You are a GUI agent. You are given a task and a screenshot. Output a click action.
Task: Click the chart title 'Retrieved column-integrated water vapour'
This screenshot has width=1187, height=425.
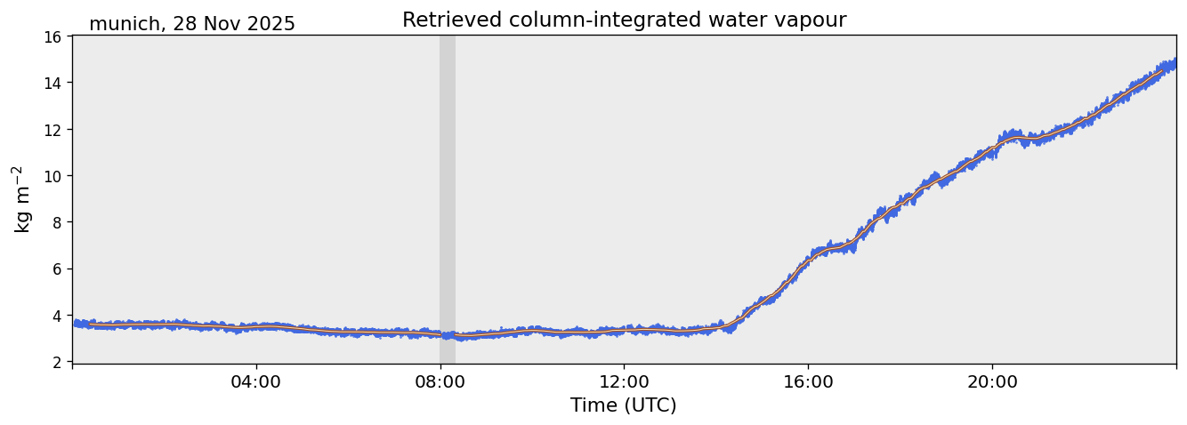pyautogui.click(x=624, y=20)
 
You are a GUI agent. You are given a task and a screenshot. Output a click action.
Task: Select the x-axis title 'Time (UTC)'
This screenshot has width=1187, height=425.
pyautogui.click(x=623, y=405)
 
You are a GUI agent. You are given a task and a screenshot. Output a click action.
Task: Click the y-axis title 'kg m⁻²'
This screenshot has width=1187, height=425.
pyautogui.click(x=22, y=199)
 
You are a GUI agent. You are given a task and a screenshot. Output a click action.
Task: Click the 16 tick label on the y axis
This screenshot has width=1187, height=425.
pyautogui.click(x=53, y=37)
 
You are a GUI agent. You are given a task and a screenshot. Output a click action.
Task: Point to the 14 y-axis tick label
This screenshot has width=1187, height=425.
pyautogui.click(x=53, y=84)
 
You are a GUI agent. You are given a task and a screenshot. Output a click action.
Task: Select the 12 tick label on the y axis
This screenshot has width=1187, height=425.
pyautogui.click(x=53, y=130)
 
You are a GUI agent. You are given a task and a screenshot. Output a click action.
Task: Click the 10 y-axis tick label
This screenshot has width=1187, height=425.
pyautogui.click(x=53, y=176)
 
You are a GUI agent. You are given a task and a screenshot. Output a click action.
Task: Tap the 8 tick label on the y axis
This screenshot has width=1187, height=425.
pyautogui.click(x=57, y=222)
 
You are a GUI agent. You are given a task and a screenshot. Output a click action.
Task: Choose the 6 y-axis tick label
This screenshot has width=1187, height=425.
pyautogui.click(x=57, y=269)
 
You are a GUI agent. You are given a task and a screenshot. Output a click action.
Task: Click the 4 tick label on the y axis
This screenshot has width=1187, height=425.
pyautogui.click(x=57, y=316)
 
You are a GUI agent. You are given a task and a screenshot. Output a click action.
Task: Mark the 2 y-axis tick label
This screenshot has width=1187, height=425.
pyautogui.click(x=57, y=362)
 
